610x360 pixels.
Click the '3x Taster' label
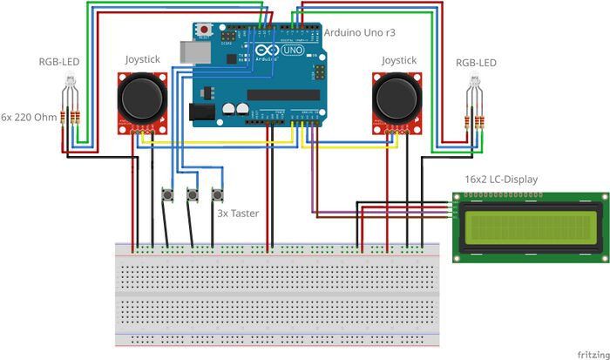(237, 213)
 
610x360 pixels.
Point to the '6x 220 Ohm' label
(29, 116)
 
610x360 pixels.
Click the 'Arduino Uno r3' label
(359, 32)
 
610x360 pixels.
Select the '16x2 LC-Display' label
(501, 180)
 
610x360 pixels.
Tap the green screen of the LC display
(529, 227)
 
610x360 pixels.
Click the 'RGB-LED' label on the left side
(60, 63)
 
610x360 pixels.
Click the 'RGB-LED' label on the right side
(476, 63)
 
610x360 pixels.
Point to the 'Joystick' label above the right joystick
(398, 60)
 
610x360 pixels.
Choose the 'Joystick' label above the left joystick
(143, 60)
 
